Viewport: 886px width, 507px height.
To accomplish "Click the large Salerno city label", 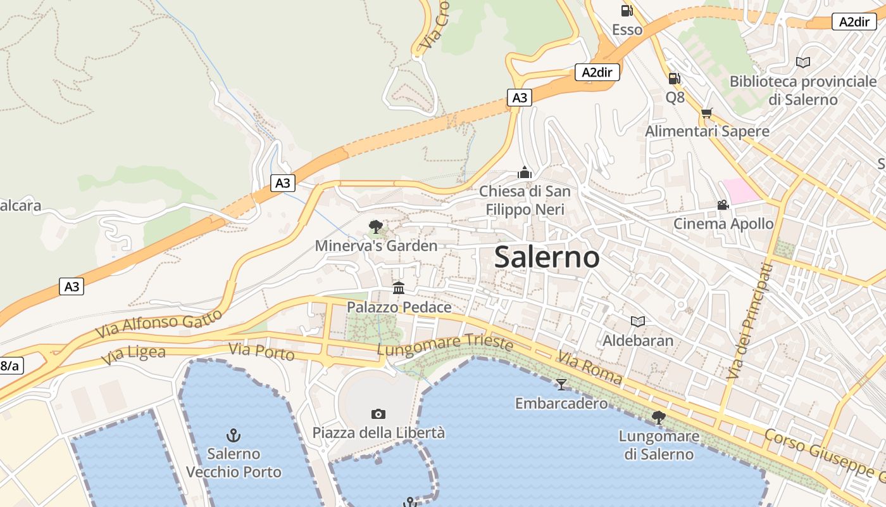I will [547, 257].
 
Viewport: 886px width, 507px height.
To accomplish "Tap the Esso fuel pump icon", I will [627, 10].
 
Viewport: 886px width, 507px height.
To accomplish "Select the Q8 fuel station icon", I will [675, 79].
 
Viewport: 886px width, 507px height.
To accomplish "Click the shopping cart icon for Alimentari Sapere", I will [706, 113].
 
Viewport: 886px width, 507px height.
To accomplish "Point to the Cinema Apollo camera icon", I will [723, 205].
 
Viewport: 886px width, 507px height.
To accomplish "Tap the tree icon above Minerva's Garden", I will [376, 226].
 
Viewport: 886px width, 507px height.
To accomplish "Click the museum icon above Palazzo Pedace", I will [399, 288].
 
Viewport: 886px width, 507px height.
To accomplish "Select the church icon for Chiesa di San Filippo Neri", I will [524, 172].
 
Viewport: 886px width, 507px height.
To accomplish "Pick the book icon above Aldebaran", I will [638, 321].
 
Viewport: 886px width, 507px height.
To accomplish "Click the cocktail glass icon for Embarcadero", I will [561, 384].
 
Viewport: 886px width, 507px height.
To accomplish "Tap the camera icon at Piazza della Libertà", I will [378, 414].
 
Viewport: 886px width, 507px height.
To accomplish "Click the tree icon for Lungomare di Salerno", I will [658, 417].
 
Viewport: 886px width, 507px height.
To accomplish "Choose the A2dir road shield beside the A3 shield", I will [597, 72].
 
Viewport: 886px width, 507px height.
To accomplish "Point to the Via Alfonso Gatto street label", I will [159, 323].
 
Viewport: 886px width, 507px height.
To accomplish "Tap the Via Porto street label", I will [261, 351].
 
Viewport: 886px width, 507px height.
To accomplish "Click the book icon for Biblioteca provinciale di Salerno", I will [802, 62].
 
